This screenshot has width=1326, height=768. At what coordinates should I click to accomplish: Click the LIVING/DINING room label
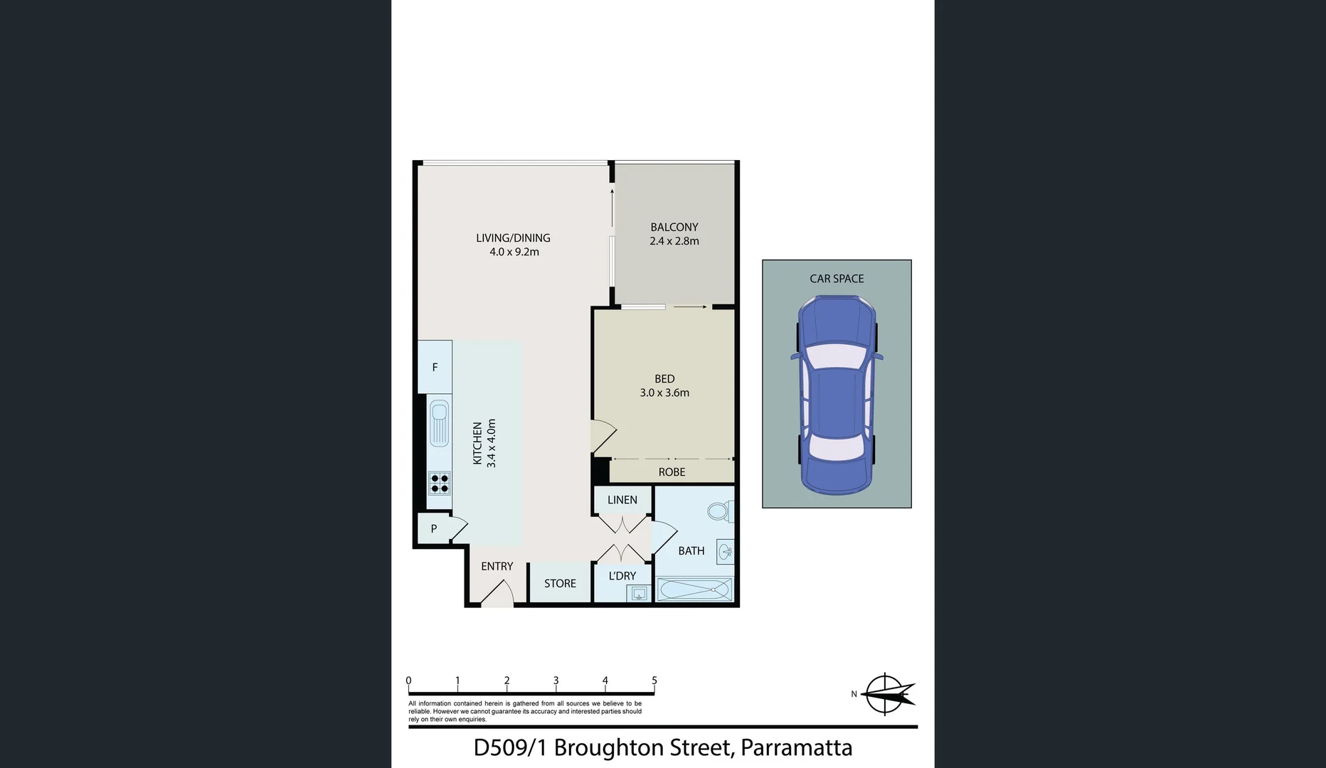(x=513, y=238)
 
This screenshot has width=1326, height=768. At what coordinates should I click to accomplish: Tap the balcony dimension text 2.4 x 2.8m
(x=674, y=241)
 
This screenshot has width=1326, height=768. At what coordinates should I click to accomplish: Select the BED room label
(x=664, y=379)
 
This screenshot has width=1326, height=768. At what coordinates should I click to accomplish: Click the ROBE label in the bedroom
(x=672, y=472)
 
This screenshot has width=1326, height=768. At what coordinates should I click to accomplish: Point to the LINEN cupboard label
(x=622, y=500)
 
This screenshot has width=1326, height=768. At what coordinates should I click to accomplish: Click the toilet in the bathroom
(x=719, y=511)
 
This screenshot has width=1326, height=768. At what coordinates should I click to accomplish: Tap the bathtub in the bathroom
(x=694, y=590)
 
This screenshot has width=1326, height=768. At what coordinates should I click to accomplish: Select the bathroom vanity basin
(x=725, y=551)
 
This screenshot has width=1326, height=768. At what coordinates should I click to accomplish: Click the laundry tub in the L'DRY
(x=639, y=593)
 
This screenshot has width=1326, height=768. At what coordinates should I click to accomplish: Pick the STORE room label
(x=560, y=583)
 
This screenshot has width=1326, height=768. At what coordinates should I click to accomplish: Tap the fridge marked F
(x=435, y=367)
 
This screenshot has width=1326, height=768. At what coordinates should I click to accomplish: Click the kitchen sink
(x=439, y=422)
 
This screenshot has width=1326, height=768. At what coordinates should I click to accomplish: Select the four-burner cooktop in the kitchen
(x=440, y=484)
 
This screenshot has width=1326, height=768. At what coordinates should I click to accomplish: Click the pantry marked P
(x=433, y=528)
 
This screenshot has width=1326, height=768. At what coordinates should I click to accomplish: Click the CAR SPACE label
(x=837, y=279)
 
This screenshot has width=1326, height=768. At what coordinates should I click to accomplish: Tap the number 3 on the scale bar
(x=556, y=681)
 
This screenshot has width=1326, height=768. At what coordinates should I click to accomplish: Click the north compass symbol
(x=886, y=694)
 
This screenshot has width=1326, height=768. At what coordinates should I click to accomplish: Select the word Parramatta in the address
(x=796, y=747)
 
